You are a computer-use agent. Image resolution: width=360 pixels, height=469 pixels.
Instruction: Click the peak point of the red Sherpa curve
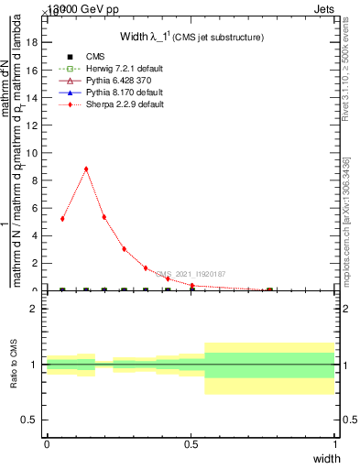(x=86, y=169)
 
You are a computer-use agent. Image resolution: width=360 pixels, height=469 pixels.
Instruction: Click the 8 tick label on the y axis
(x=36, y=180)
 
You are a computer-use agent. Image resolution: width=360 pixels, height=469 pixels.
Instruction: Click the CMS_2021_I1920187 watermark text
(x=190, y=274)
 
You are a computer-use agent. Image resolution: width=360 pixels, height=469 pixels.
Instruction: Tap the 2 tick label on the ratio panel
(x=35, y=310)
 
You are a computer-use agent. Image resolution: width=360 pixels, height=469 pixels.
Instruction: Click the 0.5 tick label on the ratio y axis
(x=30, y=420)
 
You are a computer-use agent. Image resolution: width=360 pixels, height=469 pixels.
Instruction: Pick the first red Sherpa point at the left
(x=62, y=219)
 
